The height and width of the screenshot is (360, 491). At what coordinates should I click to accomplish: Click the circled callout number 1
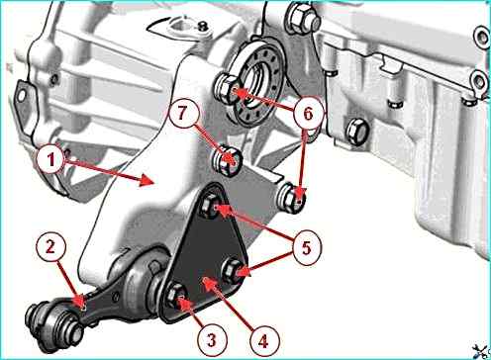coord(51,159)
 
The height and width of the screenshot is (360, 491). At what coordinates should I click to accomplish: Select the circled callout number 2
coord(50,247)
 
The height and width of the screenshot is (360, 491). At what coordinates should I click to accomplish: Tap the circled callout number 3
coord(212,339)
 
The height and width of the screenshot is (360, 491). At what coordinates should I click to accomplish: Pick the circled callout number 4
coord(264,342)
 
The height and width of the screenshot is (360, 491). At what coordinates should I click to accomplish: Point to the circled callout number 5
coord(306,247)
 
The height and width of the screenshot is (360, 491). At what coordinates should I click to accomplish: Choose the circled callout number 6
coord(308,113)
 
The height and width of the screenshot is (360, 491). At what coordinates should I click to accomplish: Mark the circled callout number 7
coord(182,113)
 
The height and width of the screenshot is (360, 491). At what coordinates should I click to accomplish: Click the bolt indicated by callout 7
coord(227,160)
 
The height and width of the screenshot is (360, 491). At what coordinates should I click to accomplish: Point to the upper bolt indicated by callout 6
coord(227,88)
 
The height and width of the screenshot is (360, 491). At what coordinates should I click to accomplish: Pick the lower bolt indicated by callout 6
coord(291,197)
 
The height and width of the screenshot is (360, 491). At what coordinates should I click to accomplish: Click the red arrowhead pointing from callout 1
coord(148,180)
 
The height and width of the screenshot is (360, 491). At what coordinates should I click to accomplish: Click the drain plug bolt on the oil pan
coord(355,132)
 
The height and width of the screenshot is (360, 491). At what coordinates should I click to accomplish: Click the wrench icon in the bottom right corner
coord(481,350)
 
